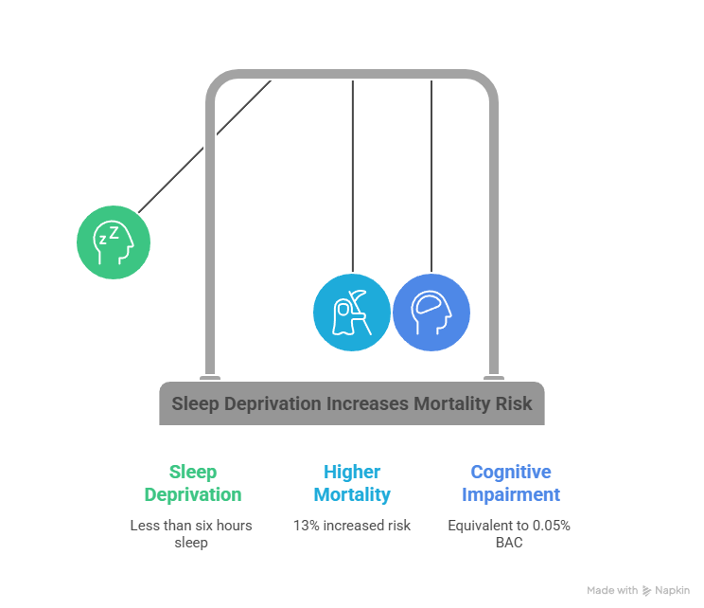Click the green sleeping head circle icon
tap(114, 241)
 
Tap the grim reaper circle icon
tap(351, 313)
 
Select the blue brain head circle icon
tap(431, 313)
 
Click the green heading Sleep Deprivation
tap(192, 483)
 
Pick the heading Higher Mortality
tap(352, 483)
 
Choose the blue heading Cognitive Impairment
tap(511, 483)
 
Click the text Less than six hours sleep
tap(191, 534)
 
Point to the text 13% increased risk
tap(352, 525)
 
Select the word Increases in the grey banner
tap(367, 404)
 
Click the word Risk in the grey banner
tap(514, 404)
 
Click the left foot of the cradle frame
tap(210, 378)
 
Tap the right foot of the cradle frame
tap(494, 378)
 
